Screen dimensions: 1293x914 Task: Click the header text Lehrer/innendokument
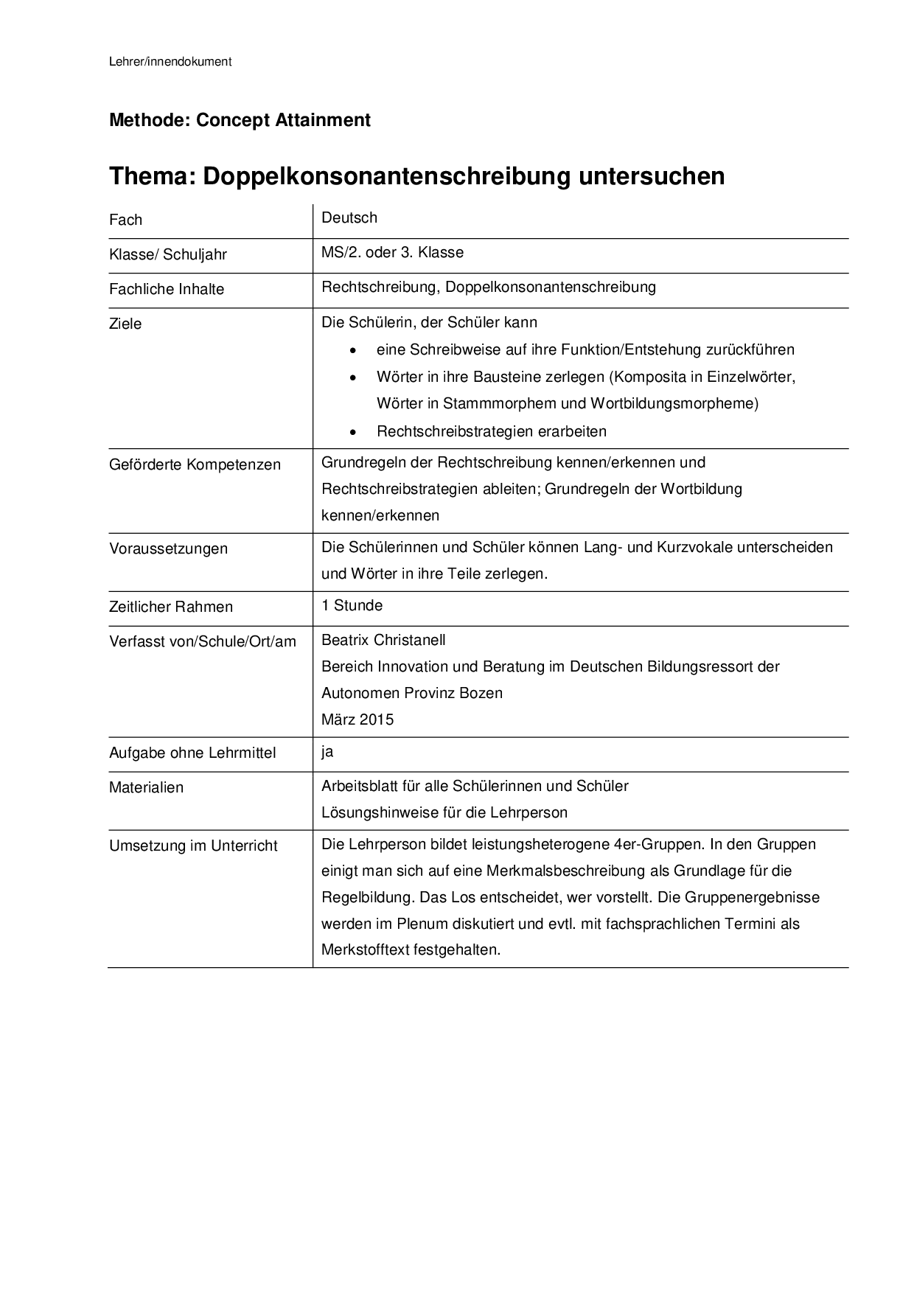(x=170, y=62)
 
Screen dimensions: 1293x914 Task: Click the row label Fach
(x=125, y=220)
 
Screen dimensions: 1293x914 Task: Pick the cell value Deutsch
(x=349, y=218)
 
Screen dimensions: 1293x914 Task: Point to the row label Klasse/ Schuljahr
(x=168, y=255)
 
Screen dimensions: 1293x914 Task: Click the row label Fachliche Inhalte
(x=167, y=290)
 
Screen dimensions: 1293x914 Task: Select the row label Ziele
(x=125, y=324)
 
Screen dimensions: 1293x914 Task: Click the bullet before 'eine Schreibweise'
(x=355, y=351)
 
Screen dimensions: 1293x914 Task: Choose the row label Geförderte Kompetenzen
(x=195, y=465)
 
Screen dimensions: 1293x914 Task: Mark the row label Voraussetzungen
(x=168, y=549)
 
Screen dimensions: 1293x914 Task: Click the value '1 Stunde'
(x=352, y=606)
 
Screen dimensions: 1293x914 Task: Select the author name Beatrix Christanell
(x=383, y=641)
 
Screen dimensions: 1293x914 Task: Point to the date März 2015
(x=357, y=720)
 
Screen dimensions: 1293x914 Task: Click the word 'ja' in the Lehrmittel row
(x=328, y=752)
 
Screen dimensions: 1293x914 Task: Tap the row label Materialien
(x=146, y=788)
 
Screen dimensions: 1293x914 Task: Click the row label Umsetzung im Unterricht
(x=193, y=846)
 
